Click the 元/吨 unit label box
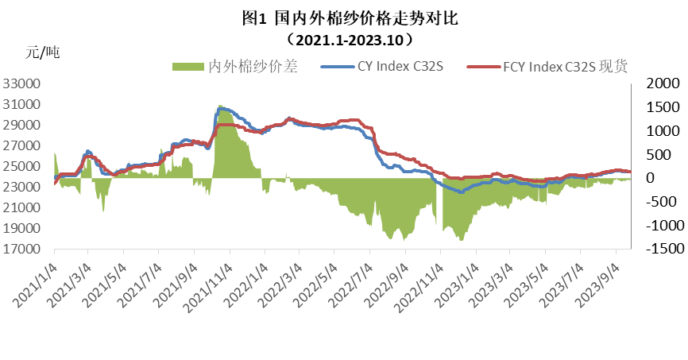click(68, 53)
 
